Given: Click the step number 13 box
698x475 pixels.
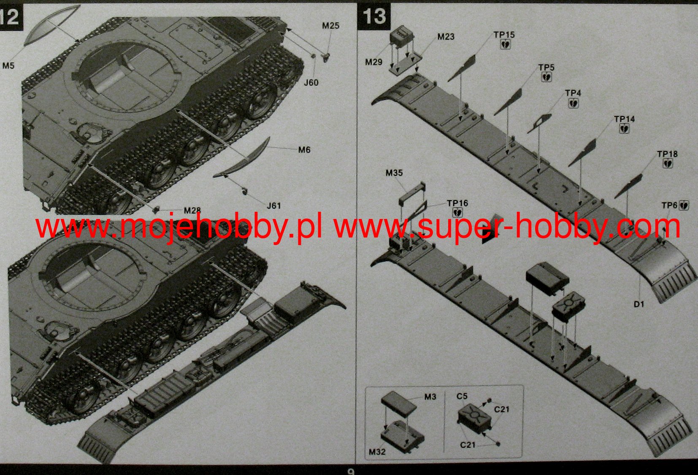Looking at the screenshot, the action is click(374, 16).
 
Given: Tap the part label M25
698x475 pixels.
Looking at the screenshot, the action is click(330, 26).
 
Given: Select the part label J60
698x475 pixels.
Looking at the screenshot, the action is click(311, 83).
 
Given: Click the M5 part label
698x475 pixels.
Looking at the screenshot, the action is click(8, 66).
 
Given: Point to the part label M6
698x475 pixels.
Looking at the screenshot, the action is click(304, 150).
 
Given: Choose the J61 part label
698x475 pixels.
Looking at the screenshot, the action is click(274, 205).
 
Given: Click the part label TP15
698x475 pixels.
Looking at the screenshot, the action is click(504, 35).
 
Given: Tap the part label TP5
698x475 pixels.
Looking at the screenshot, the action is click(546, 67).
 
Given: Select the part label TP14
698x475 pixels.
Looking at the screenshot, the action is click(625, 119).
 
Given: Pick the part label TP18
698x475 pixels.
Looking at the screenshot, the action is click(668, 154).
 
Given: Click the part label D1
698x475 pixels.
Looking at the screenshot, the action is click(639, 304).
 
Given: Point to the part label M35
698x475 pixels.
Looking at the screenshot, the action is click(394, 173).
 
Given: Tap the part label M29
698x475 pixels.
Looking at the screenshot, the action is click(373, 62).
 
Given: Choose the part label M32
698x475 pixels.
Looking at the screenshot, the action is click(377, 452).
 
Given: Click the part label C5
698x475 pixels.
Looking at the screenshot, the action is click(462, 396).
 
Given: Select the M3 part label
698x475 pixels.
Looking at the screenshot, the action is click(430, 397).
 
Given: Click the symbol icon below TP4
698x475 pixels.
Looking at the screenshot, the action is click(573, 103).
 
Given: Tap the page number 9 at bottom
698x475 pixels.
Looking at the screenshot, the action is click(351, 472).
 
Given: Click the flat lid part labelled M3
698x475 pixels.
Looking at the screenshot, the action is click(399, 404).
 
